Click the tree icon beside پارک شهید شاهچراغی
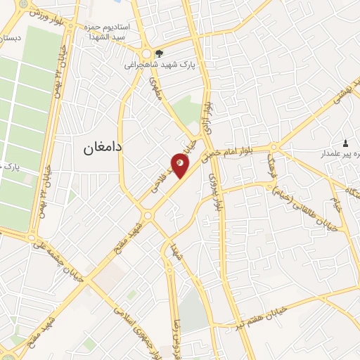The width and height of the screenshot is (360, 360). point(160,53)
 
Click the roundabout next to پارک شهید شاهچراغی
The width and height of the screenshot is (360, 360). point(147,53)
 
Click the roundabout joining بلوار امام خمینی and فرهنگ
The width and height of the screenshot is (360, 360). point(274,147)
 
